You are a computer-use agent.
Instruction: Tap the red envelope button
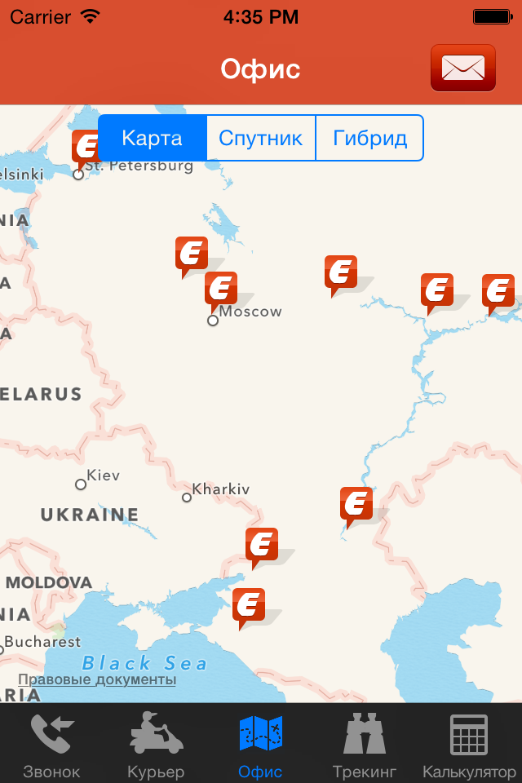pyautogui.click(x=462, y=68)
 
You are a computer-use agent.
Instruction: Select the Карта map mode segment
pyautogui.click(x=153, y=138)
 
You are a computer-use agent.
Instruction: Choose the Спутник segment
pyautogui.click(x=261, y=138)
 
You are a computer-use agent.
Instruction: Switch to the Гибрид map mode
pyautogui.click(x=369, y=138)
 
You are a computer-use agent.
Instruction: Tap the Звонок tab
pyautogui.click(x=52, y=744)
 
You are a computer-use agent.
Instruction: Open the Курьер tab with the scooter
pyautogui.click(x=156, y=744)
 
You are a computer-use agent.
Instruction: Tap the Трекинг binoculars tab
pyautogui.click(x=365, y=744)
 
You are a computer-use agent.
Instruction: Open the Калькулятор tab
pyautogui.click(x=469, y=744)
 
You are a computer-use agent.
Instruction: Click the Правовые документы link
pyautogui.click(x=97, y=679)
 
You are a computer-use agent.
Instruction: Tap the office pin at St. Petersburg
pyautogui.click(x=85, y=147)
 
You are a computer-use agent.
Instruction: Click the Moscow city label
pyautogui.click(x=250, y=312)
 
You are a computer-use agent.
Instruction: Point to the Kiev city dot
pyautogui.click(x=81, y=484)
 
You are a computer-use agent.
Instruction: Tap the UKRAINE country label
pyautogui.click(x=90, y=515)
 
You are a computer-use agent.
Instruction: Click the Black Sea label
pyautogui.click(x=145, y=662)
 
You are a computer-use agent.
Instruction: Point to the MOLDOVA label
pyautogui.click(x=49, y=582)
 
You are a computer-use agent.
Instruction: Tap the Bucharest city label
pyautogui.click(x=42, y=642)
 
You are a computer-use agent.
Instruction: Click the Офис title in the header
pyautogui.click(x=260, y=69)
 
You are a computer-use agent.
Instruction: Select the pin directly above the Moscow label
pyautogui.click(x=220, y=289)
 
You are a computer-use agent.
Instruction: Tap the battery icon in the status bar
pyautogui.click(x=492, y=16)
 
